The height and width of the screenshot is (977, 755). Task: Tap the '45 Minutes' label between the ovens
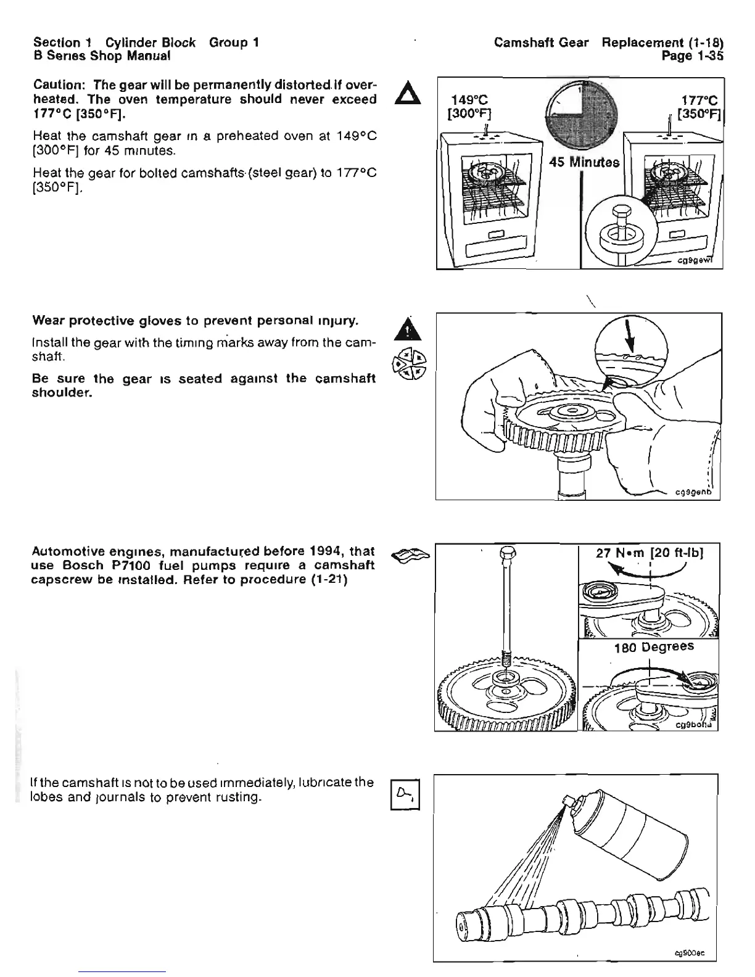point(583,163)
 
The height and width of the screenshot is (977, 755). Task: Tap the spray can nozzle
point(566,801)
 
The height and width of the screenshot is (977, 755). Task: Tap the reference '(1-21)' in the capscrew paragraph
point(326,579)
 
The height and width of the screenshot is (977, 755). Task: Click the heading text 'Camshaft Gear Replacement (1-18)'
point(608,43)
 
